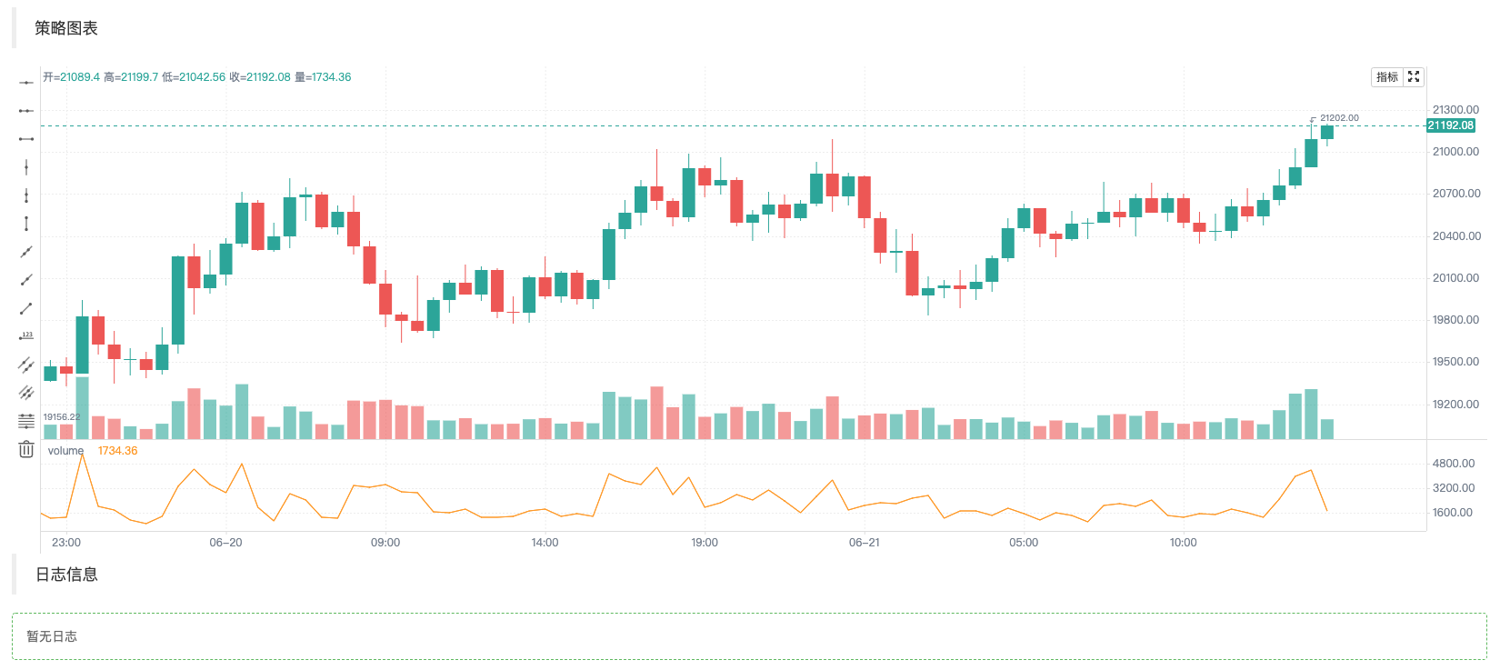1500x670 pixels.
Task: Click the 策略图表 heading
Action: (66, 28)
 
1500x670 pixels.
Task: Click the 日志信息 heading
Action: (66, 575)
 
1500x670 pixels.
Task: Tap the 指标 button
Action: (1386, 77)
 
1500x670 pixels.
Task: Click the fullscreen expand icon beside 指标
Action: (1414, 77)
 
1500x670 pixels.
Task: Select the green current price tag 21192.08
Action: (1450, 125)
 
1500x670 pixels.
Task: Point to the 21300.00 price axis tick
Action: (1455, 110)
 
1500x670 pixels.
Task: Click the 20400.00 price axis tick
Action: (1455, 236)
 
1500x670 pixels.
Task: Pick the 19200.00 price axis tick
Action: (1455, 405)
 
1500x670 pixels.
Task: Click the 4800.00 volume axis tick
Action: (1453, 464)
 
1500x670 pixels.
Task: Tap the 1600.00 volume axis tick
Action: (1453, 513)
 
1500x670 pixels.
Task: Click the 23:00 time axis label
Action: (66, 543)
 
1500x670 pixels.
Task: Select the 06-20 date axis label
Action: (225, 543)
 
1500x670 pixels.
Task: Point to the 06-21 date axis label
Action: (864, 543)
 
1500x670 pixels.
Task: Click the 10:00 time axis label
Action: (1183, 543)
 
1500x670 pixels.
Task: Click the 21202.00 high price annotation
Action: (1339, 118)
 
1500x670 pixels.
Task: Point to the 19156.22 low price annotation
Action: (62, 417)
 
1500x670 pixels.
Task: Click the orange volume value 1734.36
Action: (117, 451)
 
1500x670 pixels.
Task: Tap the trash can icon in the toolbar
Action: (26, 449)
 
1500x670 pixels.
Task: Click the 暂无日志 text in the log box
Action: (52, 636)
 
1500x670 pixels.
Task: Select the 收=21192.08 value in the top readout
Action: (260, 77)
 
